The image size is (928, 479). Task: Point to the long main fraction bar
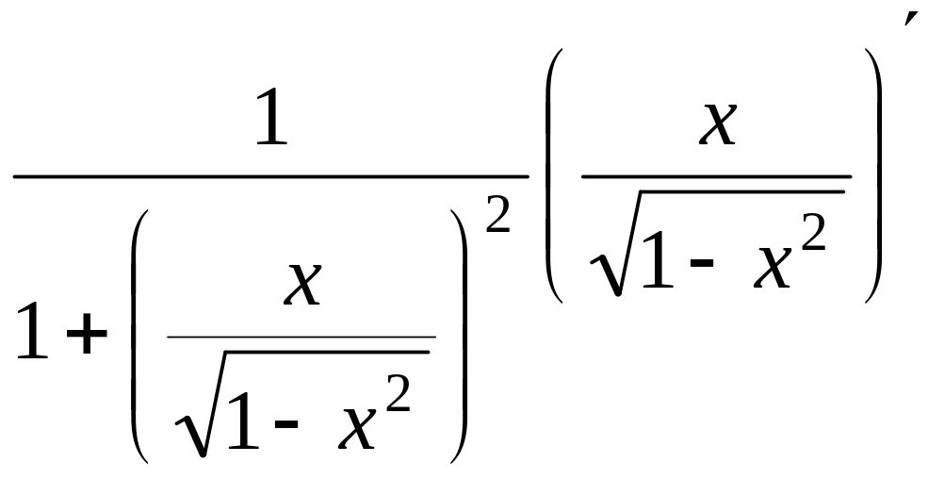(270, 176)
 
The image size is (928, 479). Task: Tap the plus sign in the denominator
(88, 337)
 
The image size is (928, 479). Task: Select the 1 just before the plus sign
(33, 335)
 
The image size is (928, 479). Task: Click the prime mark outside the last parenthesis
(909, 21)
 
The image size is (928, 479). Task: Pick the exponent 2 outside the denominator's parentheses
(497, 220)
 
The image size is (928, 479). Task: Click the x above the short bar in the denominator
(302, 286)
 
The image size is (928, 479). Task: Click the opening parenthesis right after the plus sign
(138, 337)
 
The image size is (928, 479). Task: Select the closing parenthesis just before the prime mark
(873, 176)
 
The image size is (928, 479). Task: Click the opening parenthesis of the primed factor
(555, 176)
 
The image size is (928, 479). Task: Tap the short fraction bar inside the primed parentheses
(716, 176)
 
